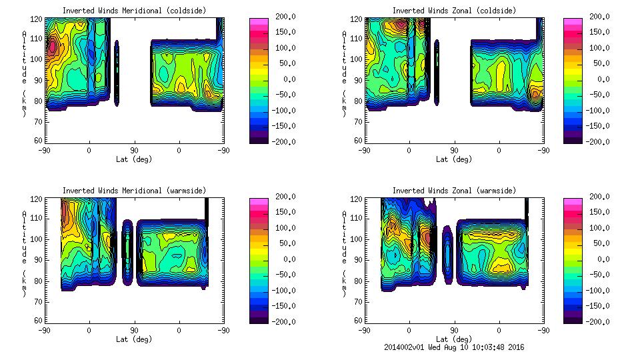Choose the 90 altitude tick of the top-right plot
[x=359, y=80]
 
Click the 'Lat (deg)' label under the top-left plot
[x=134, y=159]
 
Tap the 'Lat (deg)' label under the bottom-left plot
[x=134, y=339]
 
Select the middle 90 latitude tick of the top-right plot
[x=454, y=151]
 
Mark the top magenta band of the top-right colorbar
[x=572, y=22]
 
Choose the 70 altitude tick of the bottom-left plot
[x=39, y=301]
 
